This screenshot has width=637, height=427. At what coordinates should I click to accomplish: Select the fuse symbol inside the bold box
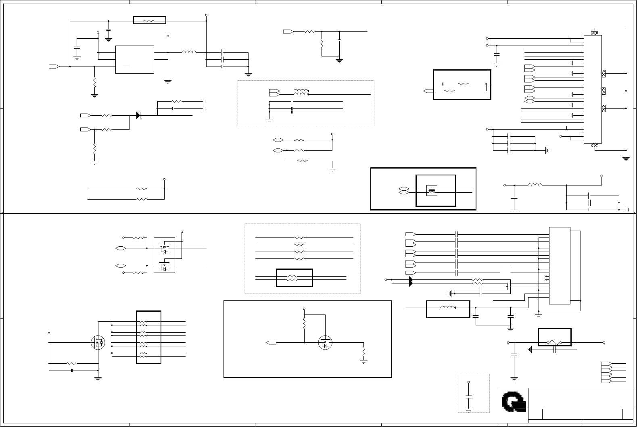(x=554, y=342)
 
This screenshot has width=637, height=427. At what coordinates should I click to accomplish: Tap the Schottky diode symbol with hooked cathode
(x=138, y=115)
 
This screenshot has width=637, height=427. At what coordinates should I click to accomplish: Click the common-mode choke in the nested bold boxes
(x=432, y=191)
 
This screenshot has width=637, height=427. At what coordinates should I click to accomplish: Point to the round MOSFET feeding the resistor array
(x=98, y=343)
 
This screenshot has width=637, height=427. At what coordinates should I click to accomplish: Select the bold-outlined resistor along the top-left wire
(x=149, y=21)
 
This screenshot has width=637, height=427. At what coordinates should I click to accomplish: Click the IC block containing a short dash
(x=134, y=60)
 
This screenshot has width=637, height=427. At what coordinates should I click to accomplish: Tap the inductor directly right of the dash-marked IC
(x=188, y=52)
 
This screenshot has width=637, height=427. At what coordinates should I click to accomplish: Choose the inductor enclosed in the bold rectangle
(x=447, y=308)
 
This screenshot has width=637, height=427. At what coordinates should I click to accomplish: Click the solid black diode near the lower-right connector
(x=411, y=281)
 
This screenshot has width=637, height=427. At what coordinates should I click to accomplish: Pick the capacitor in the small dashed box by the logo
(x=468, y=397)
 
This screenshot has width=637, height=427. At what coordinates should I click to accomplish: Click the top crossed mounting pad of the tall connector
(x=594, y=33)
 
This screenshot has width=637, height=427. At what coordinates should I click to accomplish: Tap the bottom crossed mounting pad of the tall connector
(x=594, y=145)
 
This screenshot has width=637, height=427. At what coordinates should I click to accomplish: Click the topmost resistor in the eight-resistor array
(x=143, y=322)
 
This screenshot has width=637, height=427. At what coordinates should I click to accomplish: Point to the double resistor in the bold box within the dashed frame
(x=294, y=278)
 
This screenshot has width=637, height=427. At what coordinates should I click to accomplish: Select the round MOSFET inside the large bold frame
(x=325, y=343)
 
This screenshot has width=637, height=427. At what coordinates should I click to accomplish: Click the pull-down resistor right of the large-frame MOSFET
(x=363, y=352)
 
